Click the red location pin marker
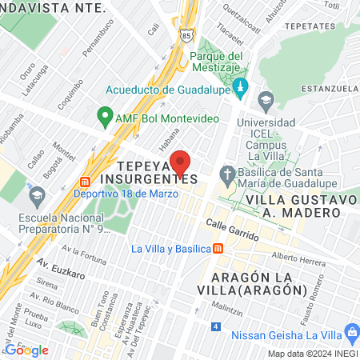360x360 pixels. point(182,163)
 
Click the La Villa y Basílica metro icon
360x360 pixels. point(218,248)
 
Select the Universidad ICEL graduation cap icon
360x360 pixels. point(266,101)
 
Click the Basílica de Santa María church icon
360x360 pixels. point(227,174)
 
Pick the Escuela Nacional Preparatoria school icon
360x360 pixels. point(37,194)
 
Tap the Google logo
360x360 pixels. point(27,350)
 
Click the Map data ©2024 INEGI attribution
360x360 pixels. point(311,354)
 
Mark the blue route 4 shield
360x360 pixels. point(216,326)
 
